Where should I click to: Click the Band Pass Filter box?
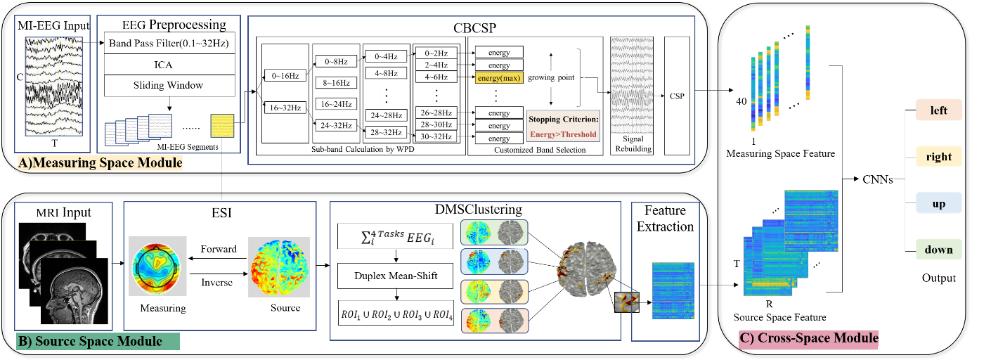click(169, 43)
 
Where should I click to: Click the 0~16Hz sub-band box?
click(285, 76)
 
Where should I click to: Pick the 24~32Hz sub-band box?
click(336, 125)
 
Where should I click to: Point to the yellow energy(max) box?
click(499, 78)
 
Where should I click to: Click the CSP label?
click(677, 96)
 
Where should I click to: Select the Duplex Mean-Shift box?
click(396, 276)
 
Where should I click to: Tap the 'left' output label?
click(938, 110)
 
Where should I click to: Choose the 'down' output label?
click(938, 250)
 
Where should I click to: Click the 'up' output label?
click(938, 203)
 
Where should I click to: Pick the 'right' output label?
click(938, 157)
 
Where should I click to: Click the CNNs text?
click(878, 179)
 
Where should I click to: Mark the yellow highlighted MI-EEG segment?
click(222, 126)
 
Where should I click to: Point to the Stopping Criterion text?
click(563, 119)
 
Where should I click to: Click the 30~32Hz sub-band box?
click(436, 137)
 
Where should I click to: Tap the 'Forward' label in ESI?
click(219, 249)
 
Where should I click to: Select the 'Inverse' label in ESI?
click(216, 283)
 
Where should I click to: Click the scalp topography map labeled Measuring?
click(157, 266)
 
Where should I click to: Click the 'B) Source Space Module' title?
click(90, 342)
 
